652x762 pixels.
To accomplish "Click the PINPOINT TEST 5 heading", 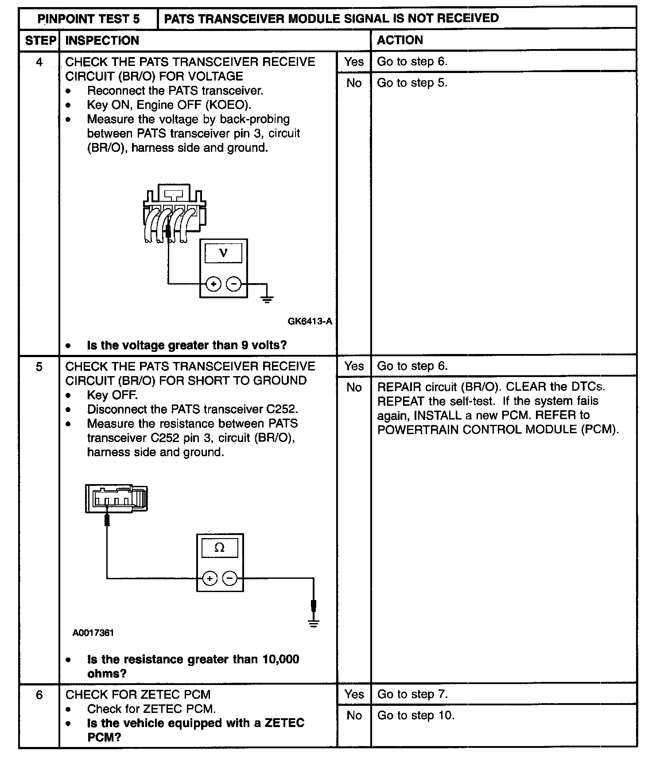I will (88, 19).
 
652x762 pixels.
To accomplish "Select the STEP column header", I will (40, 41).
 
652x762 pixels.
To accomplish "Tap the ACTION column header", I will (400, 40).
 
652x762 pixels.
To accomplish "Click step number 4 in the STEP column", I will (39, 62).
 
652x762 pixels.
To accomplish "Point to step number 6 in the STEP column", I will (39, 695).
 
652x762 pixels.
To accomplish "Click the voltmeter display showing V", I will (223, 253).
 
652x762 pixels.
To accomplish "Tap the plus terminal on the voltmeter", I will (213, 284).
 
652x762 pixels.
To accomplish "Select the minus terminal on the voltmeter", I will (233, 284).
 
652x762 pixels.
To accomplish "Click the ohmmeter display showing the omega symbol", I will (220, 548).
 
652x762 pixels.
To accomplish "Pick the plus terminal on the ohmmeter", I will (210, 578).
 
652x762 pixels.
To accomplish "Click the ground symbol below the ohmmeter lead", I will (314, 624).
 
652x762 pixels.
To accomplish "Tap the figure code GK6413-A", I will (310, 321).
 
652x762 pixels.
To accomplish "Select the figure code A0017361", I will (93, 633).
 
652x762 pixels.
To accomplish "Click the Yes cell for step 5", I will (354, 366).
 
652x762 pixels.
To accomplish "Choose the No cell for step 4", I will (354, 83).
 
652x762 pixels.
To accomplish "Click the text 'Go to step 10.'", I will (416, 716).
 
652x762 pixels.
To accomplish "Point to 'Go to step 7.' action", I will (412, 694).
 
